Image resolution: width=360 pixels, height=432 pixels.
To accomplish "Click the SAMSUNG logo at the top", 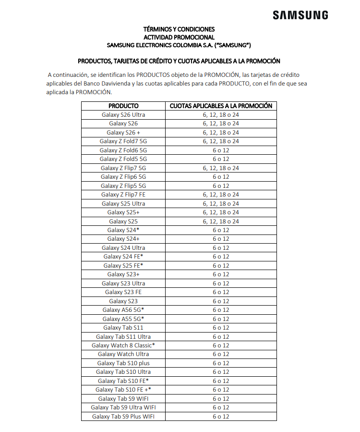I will coord(300,15).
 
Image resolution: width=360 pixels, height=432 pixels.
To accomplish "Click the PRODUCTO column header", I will coord(123,106).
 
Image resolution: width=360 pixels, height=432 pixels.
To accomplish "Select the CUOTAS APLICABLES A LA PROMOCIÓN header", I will coord(221,106).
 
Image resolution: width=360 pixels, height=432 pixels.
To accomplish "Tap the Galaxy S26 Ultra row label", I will coord(123,115).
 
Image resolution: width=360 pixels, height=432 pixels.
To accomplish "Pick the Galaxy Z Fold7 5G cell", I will coord(123,141).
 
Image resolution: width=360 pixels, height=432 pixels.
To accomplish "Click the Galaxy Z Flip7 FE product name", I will coord(123,195).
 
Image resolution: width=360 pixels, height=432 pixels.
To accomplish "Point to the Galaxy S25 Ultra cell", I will coord(123,204).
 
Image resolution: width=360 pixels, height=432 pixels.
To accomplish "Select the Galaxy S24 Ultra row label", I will coord(123,248).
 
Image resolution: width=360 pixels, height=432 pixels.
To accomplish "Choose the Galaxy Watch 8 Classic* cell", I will coord(123,346).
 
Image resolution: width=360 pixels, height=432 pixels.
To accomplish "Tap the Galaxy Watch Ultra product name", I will coord(123,354).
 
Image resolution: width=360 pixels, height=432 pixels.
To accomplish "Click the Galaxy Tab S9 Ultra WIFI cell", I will coord(123,407).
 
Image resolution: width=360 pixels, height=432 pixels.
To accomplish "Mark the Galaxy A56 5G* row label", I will coord(123,310).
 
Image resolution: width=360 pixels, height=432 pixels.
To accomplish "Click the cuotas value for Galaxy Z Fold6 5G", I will coord(221,150).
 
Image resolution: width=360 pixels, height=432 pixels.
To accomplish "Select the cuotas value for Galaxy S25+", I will coord(221,212).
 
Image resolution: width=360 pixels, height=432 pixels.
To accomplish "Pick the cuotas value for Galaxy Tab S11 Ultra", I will coord(221,337).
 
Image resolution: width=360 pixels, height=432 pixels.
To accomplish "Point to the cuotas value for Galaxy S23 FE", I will coord(221,292).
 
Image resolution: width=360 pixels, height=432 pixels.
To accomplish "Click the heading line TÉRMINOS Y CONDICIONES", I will coord(179,29).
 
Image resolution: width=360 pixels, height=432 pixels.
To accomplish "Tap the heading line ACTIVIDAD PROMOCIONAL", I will coord(179,37).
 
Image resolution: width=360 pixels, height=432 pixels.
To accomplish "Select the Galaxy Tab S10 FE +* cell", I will coord(123,390).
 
